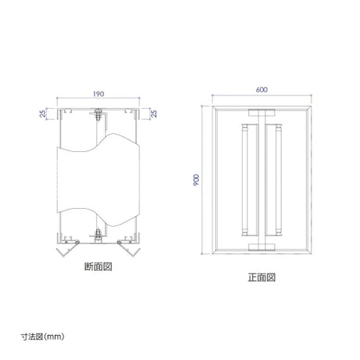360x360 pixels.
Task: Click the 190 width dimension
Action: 99,94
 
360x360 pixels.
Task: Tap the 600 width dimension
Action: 261,89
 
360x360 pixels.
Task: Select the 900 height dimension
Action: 196,180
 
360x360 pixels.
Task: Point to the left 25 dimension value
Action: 43,113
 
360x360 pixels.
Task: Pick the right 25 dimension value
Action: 154,113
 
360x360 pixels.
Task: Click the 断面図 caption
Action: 99,267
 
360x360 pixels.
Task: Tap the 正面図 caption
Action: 261,277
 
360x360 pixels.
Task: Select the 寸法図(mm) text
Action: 42,337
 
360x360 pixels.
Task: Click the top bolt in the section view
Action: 98,114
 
